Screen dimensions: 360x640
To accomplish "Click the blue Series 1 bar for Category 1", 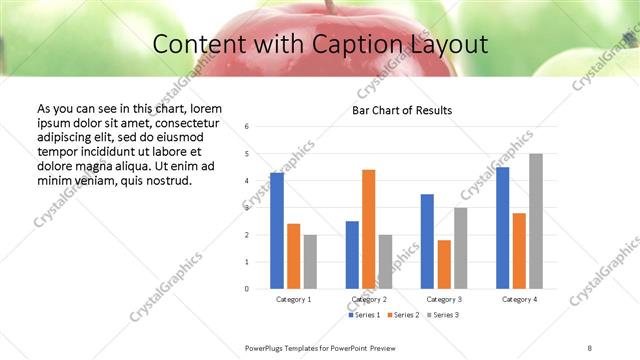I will tap(277, 231).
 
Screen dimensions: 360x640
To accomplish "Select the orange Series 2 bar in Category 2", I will tap(368, 229).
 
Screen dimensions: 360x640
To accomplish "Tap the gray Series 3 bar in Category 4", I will tap(536, 221).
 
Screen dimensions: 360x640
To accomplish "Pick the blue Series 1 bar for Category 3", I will tap(427, 241).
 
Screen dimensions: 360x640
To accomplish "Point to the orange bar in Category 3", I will tap(444, 264).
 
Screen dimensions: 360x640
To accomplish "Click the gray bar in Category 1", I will tap(310, 262).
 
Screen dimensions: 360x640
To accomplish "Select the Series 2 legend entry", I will tap(403, 315).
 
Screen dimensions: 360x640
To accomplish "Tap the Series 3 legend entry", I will tap(442, 315).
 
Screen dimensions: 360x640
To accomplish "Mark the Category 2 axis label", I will tap(369, 299).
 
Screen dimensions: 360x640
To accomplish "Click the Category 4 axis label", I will tap(519, 299).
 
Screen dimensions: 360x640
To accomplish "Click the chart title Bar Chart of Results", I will tap(402, 110).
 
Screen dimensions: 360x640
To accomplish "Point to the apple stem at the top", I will tap(327, 5).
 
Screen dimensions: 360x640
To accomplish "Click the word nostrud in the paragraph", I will tap(168, 180).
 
